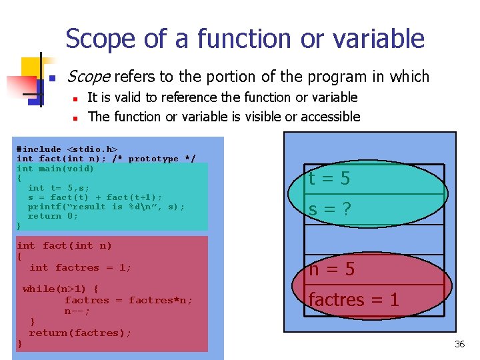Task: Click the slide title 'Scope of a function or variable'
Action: pos(245,39)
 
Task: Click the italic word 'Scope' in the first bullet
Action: pos(89,77)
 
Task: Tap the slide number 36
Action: pos(459,344)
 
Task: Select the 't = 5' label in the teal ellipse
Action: pos(329,179)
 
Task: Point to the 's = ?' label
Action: pos(329,209)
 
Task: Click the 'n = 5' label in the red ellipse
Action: pos(331,269)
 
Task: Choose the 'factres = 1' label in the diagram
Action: pos(353,300)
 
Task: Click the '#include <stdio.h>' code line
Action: pos(67,149)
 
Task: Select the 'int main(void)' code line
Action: pos(55,169)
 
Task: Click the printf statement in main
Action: pos(106,207)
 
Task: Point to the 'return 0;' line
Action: pos(53,216)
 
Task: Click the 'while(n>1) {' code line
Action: pos(61,289)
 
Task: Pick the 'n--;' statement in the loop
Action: pos(77,311)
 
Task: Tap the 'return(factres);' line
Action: pos(80,333)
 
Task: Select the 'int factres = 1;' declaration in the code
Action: pos(80,267)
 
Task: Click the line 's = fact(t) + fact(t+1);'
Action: pos(95,197)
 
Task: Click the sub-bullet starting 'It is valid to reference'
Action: pos(223,97)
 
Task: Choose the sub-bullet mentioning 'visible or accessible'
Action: pos(224,117)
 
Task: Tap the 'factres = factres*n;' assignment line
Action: pos(128,300)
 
